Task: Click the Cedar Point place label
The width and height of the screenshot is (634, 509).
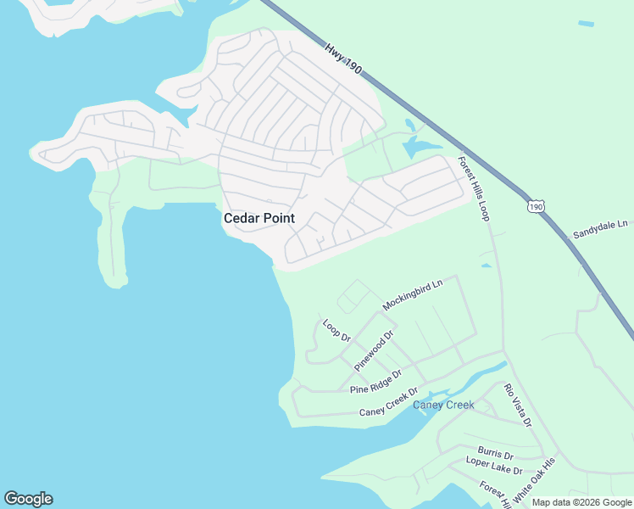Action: [259, 218]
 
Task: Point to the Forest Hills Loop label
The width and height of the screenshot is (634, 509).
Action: [474, 188]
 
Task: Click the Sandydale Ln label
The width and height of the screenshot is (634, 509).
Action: [599, 228]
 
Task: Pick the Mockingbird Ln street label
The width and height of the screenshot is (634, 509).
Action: [413, 294]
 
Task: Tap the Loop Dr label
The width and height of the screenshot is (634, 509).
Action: [336, 330]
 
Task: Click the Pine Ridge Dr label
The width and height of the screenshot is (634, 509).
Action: [375, 382]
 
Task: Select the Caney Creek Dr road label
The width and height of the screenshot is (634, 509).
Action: [389, 402]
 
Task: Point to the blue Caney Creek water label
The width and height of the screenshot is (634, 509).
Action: [443, 405]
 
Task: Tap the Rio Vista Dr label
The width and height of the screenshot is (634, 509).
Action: [517, 405]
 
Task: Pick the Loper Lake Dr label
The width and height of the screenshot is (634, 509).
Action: [494, 465]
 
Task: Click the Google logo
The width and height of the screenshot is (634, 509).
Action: [28, 499]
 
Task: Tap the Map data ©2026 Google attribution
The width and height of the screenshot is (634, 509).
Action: [581, 502]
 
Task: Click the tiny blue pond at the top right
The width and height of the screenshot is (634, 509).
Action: [586, 24]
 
